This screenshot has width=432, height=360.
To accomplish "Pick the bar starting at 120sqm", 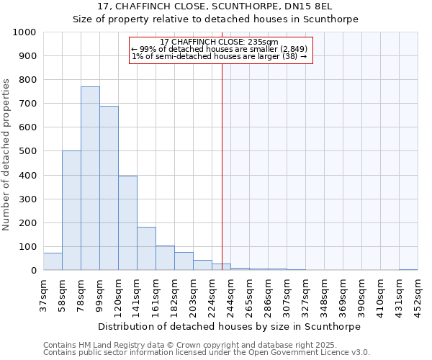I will pyautogui.click(x=127, y=223).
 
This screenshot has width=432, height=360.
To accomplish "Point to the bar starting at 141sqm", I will pyautogui.click(x=146, y=248).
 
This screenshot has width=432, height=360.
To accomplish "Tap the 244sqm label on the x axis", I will pyautogui.click(x=231, y=293).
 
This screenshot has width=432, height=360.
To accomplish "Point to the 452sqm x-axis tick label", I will pyautogui.click(x=418, y=293).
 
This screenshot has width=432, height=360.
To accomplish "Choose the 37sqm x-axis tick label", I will pyautogui.click(x=44, y=293).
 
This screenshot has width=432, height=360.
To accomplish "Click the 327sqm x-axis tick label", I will pyautogui.click(x=306, y=293).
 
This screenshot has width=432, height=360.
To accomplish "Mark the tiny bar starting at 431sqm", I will pyautogui.click(x=408, y=269).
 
